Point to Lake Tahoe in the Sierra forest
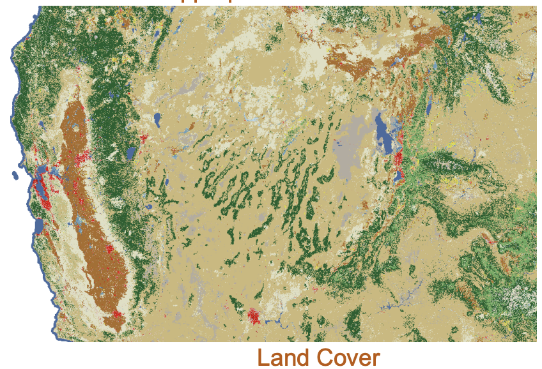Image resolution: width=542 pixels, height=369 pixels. coord(130,153)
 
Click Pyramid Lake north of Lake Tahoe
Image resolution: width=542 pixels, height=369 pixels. coord(156,120)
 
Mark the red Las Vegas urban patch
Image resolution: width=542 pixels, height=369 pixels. coord(254,314)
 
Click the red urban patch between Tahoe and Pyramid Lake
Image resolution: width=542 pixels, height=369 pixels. coord(144,137)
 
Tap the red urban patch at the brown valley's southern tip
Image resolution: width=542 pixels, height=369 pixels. coord(117,313)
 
